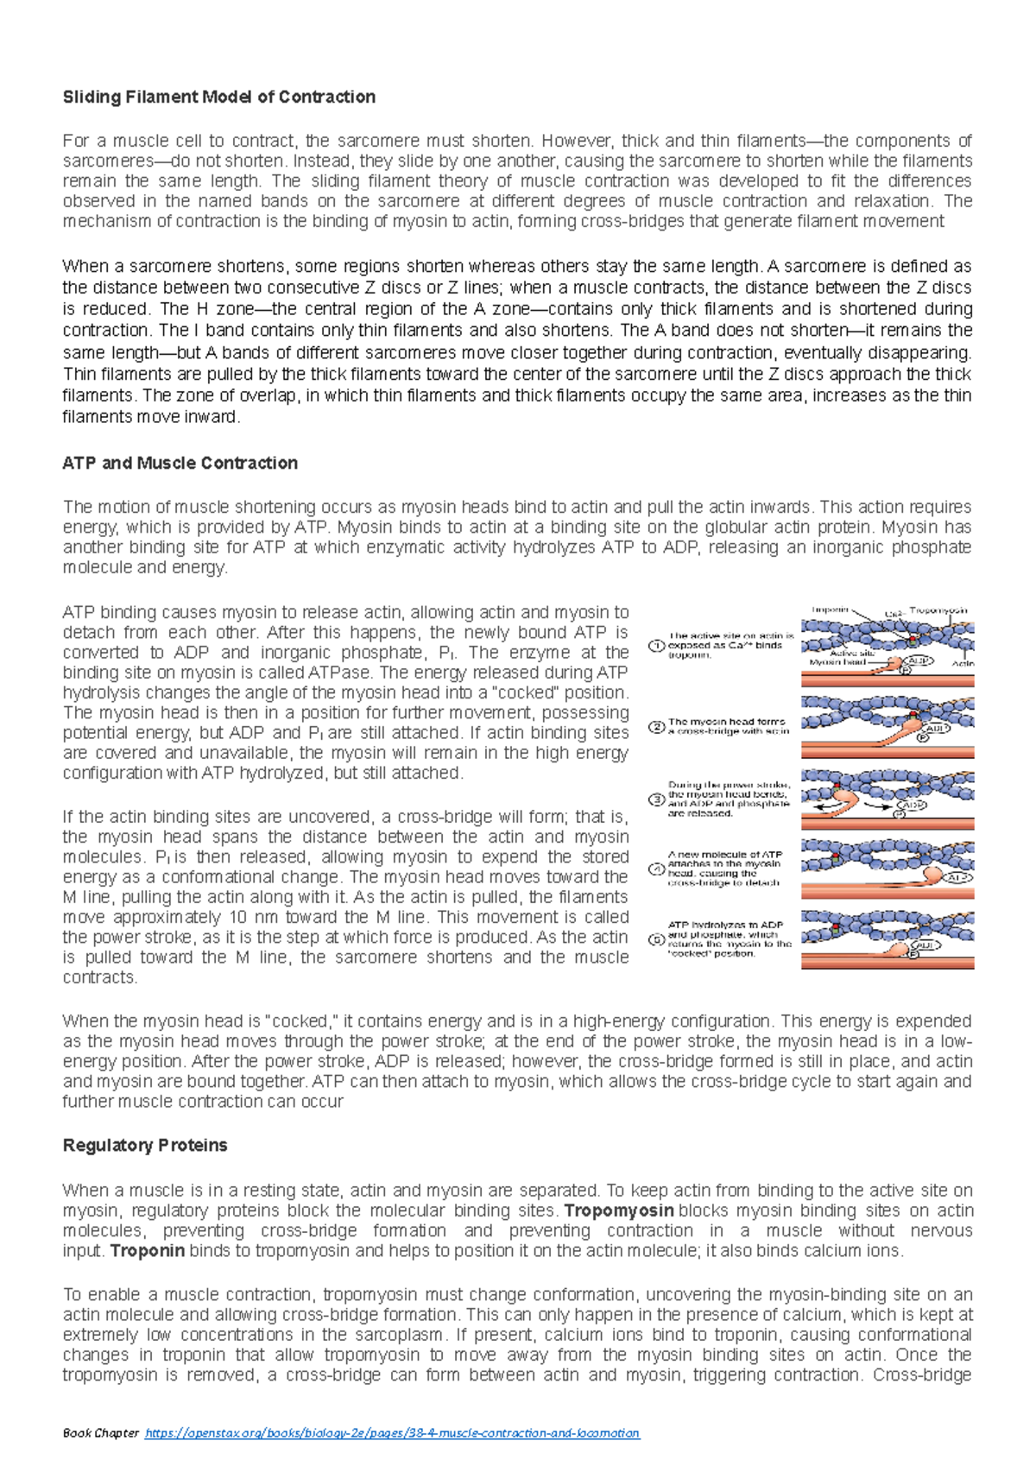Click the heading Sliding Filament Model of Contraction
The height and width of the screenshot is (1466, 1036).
pos(218,97)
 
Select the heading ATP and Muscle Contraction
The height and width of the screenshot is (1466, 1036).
pos(180,463)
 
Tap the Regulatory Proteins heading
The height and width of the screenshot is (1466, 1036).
pos(145,1145)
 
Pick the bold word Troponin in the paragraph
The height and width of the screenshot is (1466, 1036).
pos(147,1250)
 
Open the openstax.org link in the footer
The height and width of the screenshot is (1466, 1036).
pos(392,1432)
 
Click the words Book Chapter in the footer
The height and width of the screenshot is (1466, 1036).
pos(100,1432)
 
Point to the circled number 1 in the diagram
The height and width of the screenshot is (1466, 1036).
pos(656,645)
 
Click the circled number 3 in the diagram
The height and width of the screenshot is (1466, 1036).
pos(656,799)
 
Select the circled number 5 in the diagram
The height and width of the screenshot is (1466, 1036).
pos(656,939)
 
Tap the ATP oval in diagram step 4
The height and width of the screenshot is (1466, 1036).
pos(956,877)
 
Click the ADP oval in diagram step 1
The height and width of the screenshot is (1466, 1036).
pos(919,661)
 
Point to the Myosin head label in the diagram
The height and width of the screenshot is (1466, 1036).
pos(837,662)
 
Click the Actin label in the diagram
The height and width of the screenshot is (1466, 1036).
pos(963,663)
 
